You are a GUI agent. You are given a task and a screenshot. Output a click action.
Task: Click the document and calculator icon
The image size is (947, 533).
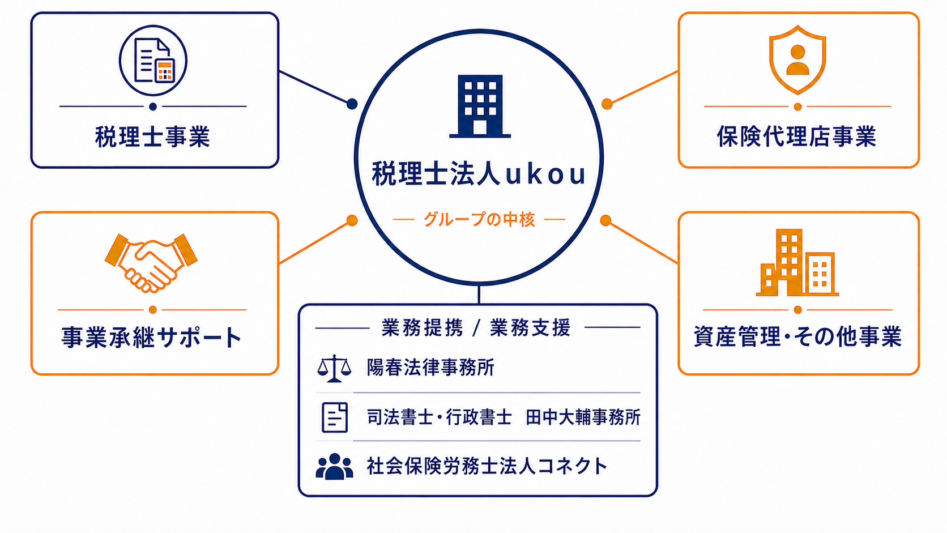153,60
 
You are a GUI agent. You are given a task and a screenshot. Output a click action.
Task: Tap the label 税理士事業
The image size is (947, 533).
152,137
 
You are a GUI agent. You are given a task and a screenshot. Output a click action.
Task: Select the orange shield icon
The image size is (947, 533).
797,59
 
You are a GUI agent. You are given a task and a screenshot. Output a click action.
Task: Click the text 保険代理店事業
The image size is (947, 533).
797,136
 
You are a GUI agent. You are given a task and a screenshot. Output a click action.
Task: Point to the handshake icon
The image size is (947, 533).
151,262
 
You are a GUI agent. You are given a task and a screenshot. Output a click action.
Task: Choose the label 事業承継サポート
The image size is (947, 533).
151,337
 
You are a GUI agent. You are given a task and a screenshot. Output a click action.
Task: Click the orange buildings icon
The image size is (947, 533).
797,262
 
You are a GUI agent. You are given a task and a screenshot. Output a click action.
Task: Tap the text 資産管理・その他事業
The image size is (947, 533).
798,336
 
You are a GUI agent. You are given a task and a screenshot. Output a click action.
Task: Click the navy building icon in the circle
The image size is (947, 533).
480,106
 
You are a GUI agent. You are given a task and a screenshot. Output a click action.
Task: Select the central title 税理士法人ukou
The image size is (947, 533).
479,173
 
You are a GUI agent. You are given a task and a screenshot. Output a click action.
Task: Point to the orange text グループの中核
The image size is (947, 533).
479,219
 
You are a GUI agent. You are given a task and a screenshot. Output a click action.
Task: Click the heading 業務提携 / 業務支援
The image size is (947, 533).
476,327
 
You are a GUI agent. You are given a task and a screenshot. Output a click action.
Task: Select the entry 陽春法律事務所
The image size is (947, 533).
430,367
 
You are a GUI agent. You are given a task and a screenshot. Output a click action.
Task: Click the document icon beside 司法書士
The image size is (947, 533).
335,417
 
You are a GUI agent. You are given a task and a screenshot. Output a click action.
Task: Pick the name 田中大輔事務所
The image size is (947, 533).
583,417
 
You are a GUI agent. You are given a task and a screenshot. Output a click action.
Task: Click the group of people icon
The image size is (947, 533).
334,466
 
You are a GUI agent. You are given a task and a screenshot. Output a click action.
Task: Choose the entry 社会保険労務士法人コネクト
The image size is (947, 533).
487,466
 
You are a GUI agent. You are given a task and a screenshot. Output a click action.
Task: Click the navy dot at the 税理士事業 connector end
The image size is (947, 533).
352,104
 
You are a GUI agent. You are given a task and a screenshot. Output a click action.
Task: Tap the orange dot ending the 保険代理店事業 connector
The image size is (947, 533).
607,104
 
